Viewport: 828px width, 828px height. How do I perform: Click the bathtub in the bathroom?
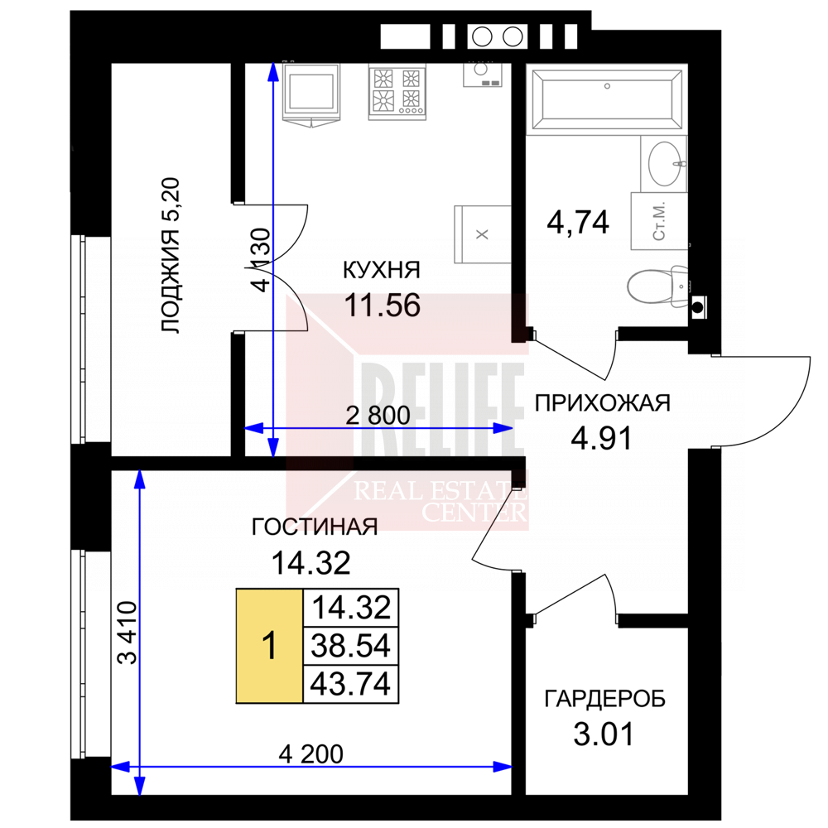(607, 99)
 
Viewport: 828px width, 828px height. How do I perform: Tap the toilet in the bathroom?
(657, 286)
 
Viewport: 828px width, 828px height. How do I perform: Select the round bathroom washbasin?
(664, 164)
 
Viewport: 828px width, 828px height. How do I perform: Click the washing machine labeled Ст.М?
(659, 221)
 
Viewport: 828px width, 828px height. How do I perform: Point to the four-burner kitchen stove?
(397, 92)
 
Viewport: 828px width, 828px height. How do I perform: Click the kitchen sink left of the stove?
(311, 93)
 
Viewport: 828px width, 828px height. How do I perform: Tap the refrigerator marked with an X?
(482, 234)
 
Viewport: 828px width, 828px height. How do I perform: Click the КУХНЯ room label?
(381, 270)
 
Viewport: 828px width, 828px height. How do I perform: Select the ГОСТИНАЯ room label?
(314, 527)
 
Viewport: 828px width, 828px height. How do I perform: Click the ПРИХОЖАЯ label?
(603, 403)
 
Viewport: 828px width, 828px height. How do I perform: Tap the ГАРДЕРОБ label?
(604, 699)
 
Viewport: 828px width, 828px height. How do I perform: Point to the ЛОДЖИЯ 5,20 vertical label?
(170, 256)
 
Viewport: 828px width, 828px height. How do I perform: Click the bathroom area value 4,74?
(578, 222)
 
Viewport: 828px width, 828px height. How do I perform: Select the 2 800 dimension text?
(378, 416)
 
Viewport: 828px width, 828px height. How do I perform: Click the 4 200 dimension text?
(311, 754)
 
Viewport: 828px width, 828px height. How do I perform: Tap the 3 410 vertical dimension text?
(127, 633)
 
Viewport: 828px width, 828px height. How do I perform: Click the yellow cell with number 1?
(269, 646)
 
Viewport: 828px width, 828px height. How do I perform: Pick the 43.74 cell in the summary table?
(350, 685)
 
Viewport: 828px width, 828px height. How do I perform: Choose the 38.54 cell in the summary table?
(350, 646)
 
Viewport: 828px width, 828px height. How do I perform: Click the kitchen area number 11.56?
(383, 306)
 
